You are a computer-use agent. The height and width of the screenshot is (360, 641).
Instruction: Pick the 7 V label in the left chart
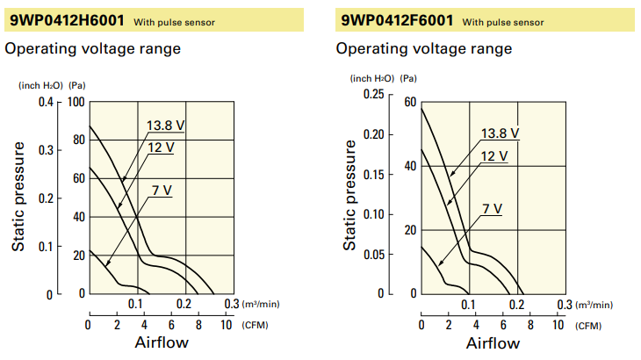(161, 190)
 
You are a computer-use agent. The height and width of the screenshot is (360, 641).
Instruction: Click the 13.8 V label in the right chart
(500, 134)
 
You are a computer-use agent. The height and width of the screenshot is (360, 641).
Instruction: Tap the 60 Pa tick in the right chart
(409, 102)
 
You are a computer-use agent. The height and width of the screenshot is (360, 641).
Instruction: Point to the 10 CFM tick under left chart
(226, 324)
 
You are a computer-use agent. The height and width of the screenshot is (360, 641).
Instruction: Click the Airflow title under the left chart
(161, 342)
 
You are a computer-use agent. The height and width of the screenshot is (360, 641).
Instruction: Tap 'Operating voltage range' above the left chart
(93, 48)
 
